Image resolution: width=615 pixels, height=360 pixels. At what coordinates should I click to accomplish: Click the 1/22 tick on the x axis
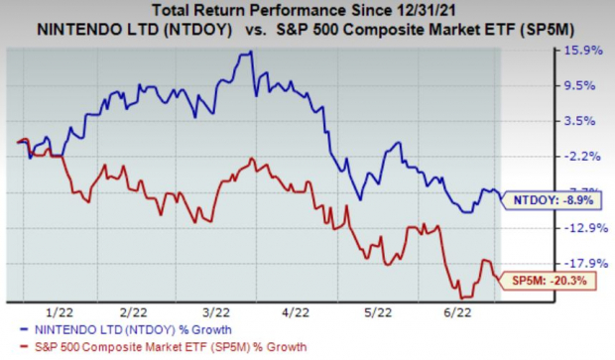(69, 311)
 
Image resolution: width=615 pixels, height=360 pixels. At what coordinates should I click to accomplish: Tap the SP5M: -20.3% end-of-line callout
(549, 281)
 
